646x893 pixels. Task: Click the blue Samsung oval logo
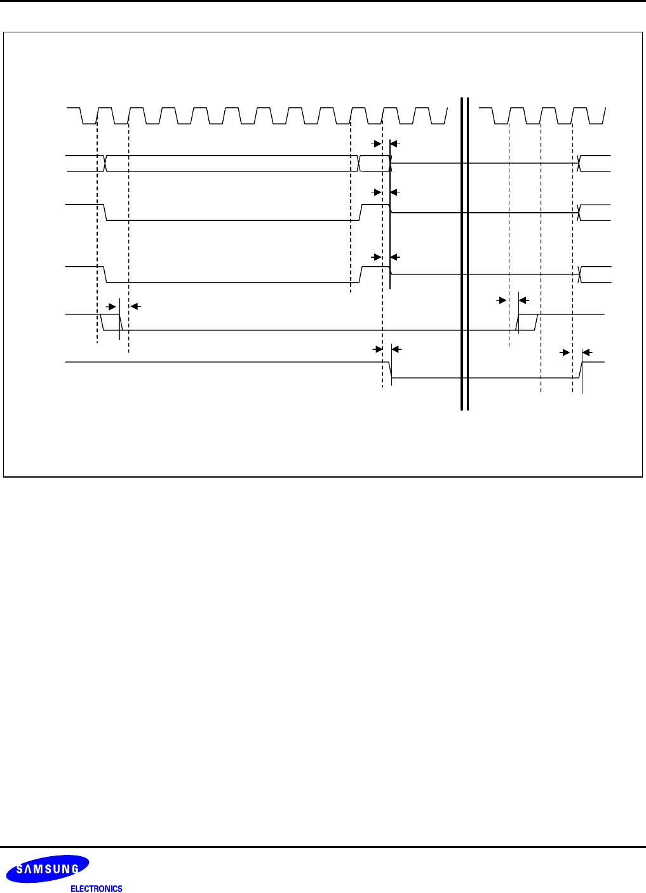click(x=48, y=869)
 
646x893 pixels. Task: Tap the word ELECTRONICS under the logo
click(x=96, y=889)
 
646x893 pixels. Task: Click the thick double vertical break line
click(x=464, y=254)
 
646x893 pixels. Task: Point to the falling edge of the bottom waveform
click(x=390, y=370)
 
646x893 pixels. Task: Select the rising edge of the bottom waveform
click(x=581, y=370)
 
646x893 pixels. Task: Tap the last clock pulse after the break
click(x=581, y=116)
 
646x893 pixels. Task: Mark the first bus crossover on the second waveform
click(x=105, y=163)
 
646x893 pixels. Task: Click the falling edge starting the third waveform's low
click(x=105, y=212)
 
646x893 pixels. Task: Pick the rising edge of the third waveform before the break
click(x=361, y=212)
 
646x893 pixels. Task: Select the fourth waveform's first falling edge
click(x=105, y=274)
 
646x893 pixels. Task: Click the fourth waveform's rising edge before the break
click(x=361, y=274)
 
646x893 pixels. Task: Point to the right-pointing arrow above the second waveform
click(x=376, y=144)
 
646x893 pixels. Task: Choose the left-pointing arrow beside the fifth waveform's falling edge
click(x=135, y=306)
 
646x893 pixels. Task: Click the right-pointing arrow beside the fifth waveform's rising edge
click(x=501, y=300)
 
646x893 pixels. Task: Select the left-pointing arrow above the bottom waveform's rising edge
click(x=588, y=352)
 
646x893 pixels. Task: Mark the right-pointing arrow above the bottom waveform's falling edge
click(x=376, y=349)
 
